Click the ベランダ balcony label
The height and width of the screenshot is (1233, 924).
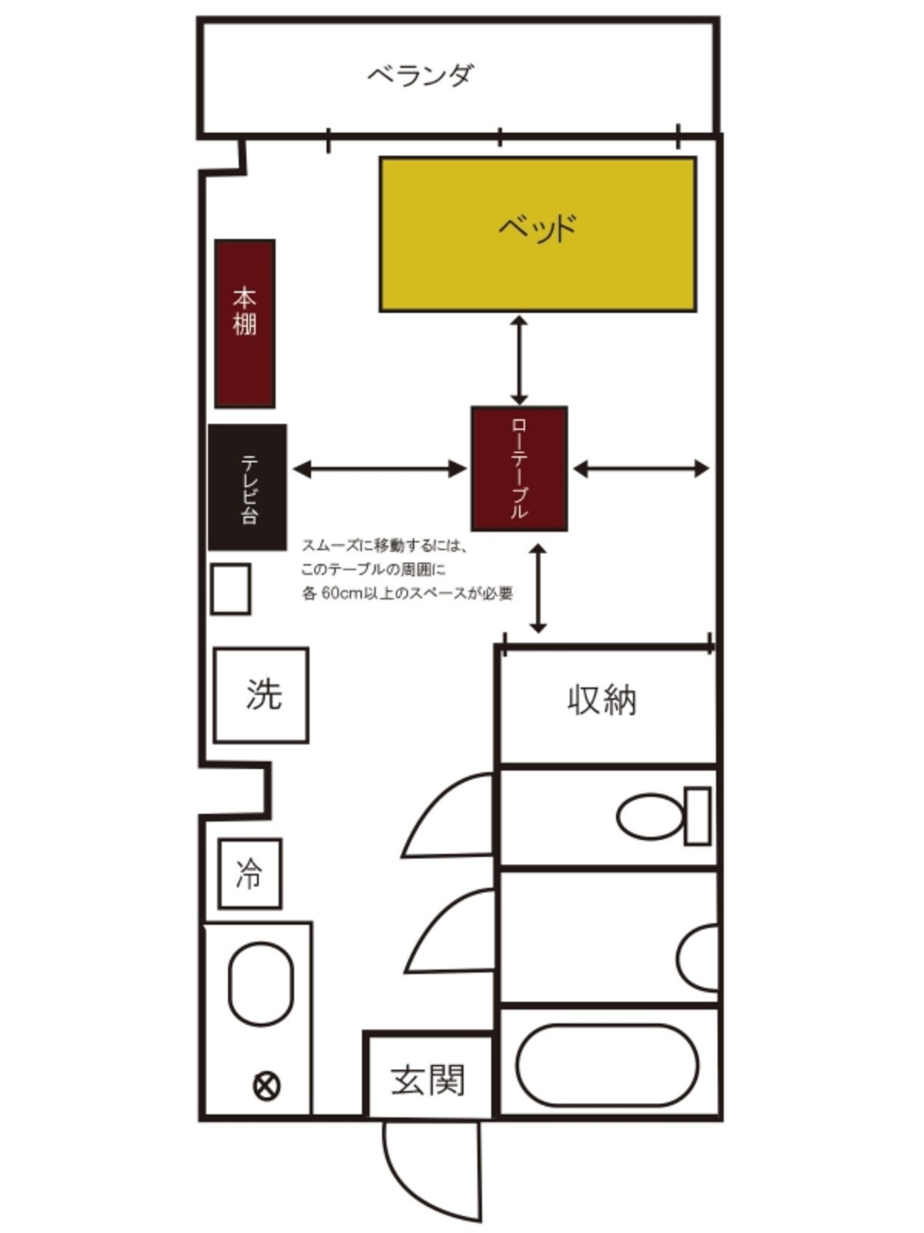point(420,75)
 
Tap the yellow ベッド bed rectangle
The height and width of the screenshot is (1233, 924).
point(538,234)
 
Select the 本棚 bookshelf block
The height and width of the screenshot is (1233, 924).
point(245,323)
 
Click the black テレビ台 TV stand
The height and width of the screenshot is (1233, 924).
point(247,487)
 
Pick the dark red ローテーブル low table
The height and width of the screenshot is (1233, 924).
point(520,469)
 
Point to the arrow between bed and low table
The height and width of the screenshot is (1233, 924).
point(520,360)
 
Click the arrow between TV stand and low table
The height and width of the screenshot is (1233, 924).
point(380,469)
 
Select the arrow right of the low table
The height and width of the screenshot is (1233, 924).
point(641,469)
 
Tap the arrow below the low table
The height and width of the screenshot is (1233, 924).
point(538,588)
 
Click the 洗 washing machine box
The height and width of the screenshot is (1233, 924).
point(261,695)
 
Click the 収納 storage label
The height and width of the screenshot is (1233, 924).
point(602,700)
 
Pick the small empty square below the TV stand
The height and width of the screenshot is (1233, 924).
point(230,589)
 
